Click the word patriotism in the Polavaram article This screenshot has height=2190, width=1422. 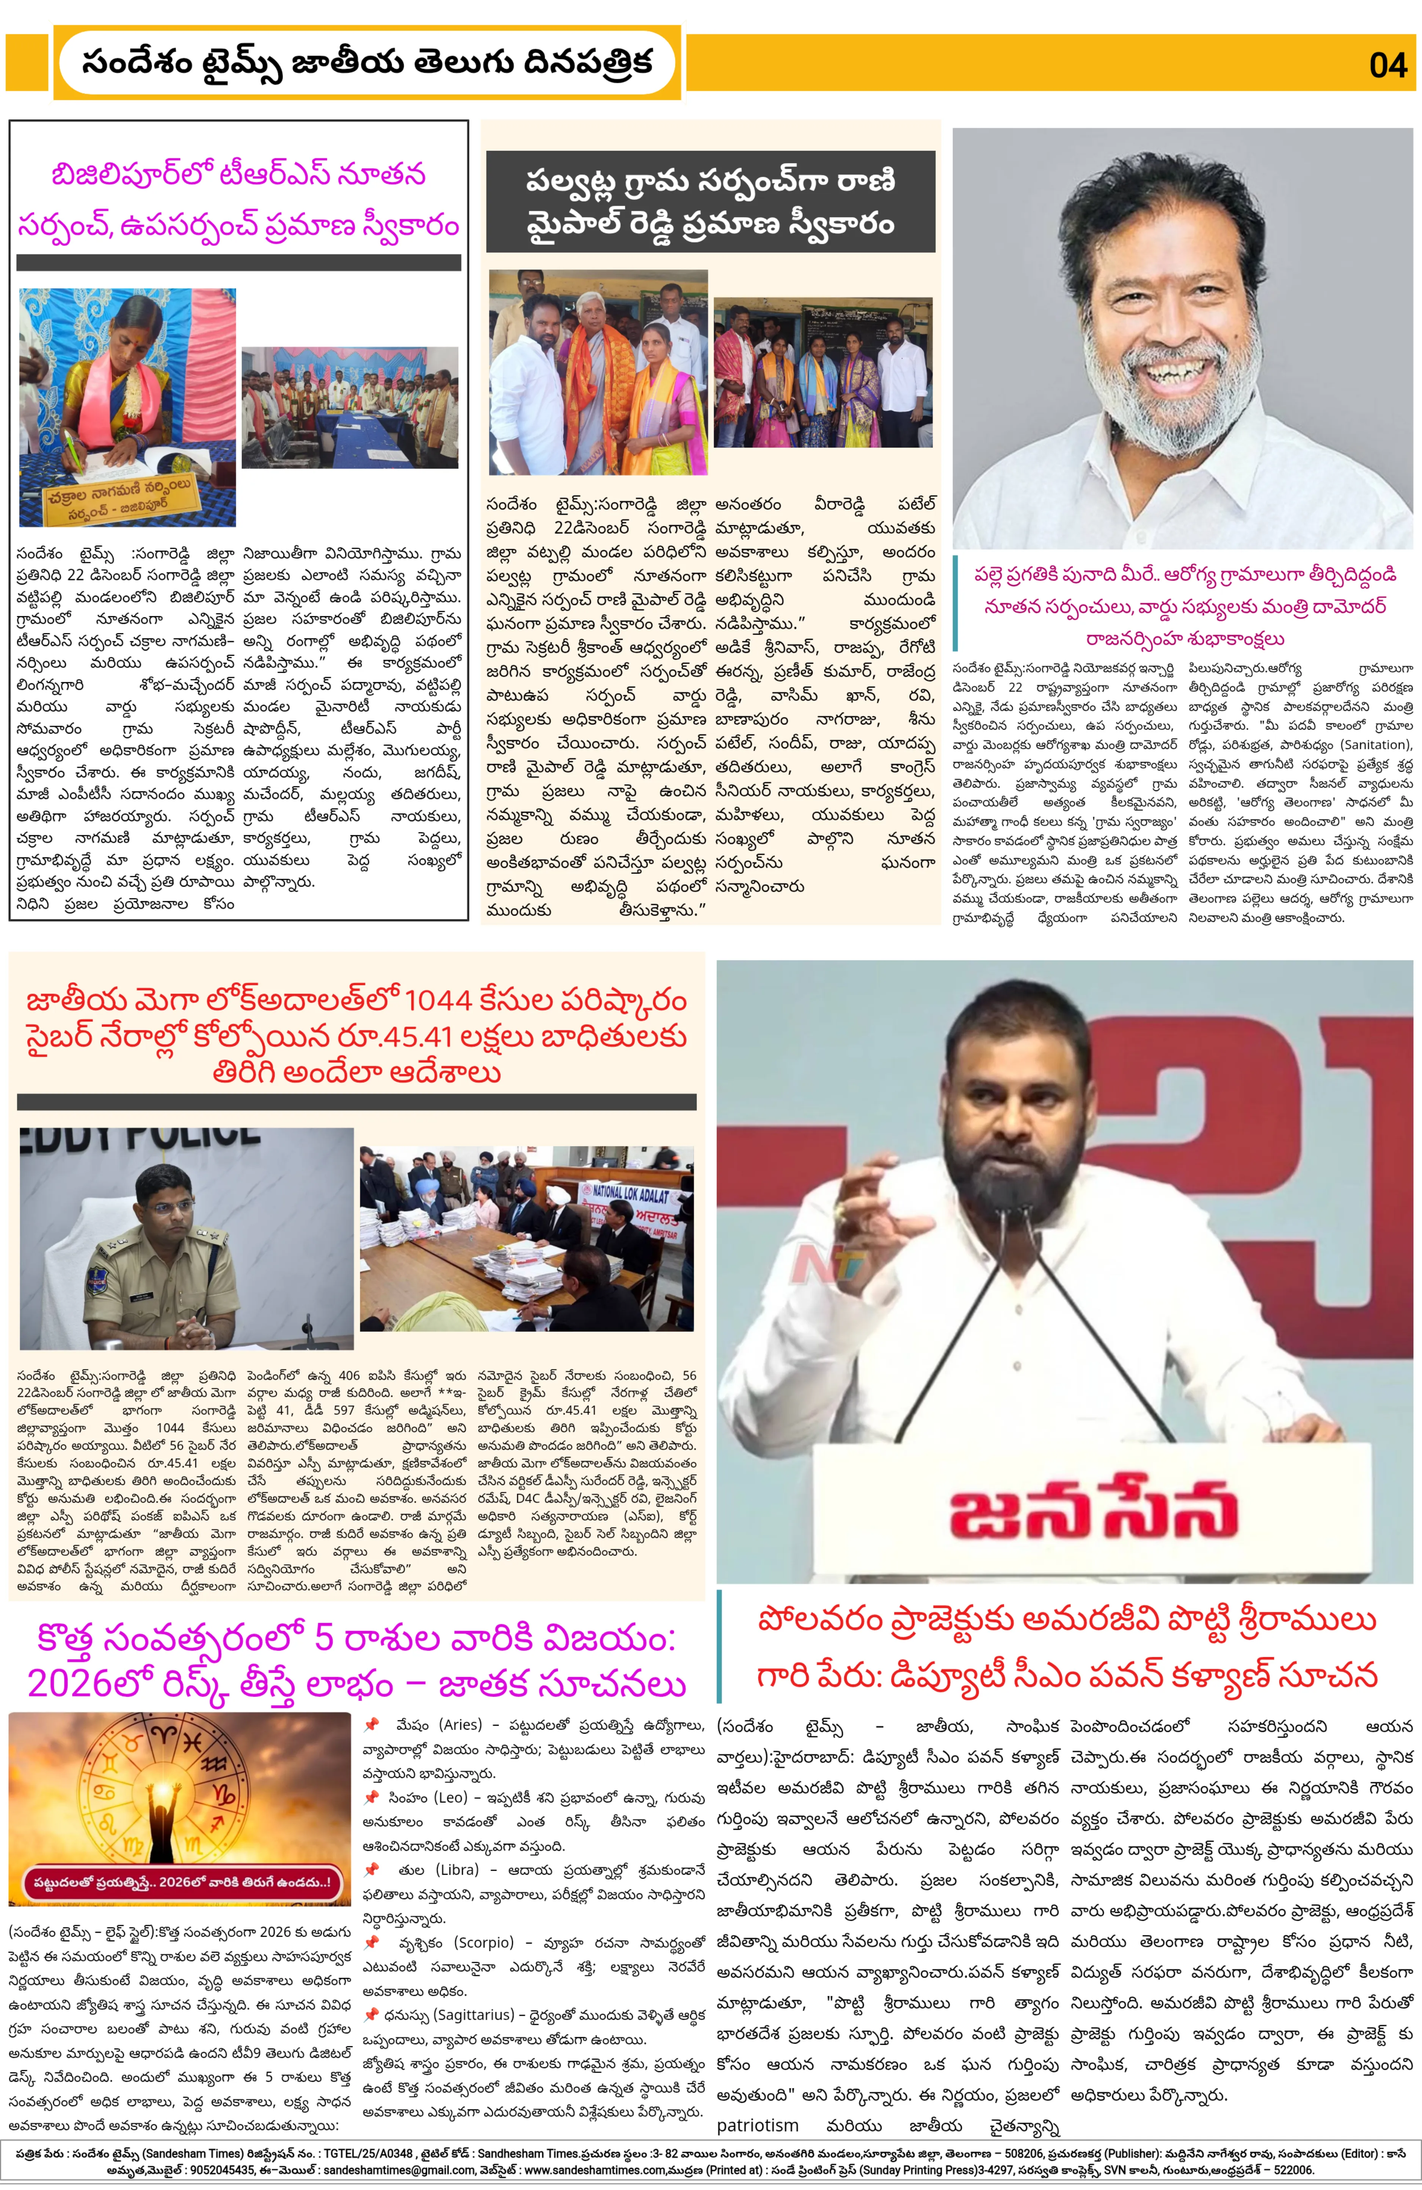[758, 2126]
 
